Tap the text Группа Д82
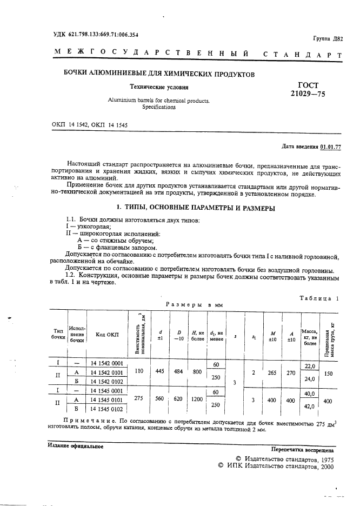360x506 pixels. (328, 38)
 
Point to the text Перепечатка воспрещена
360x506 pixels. (302, 449)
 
